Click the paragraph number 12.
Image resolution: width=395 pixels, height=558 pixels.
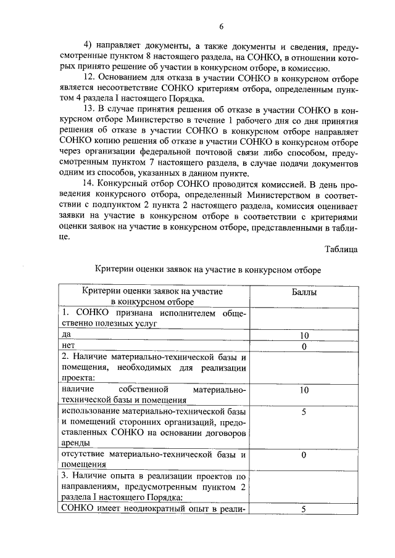(x=88, y=78)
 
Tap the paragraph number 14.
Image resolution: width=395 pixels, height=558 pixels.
(x=88, y=183)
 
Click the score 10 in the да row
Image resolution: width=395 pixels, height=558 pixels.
(x=304, y=335)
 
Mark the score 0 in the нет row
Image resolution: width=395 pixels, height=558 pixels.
(x=304, y=347)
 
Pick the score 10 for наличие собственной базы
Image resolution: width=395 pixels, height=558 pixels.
(x=304, y=390)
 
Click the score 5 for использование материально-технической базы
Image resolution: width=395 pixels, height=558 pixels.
(x=304, y=411)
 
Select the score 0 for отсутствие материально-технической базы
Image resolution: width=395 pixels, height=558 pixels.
(x=304, y=454)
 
